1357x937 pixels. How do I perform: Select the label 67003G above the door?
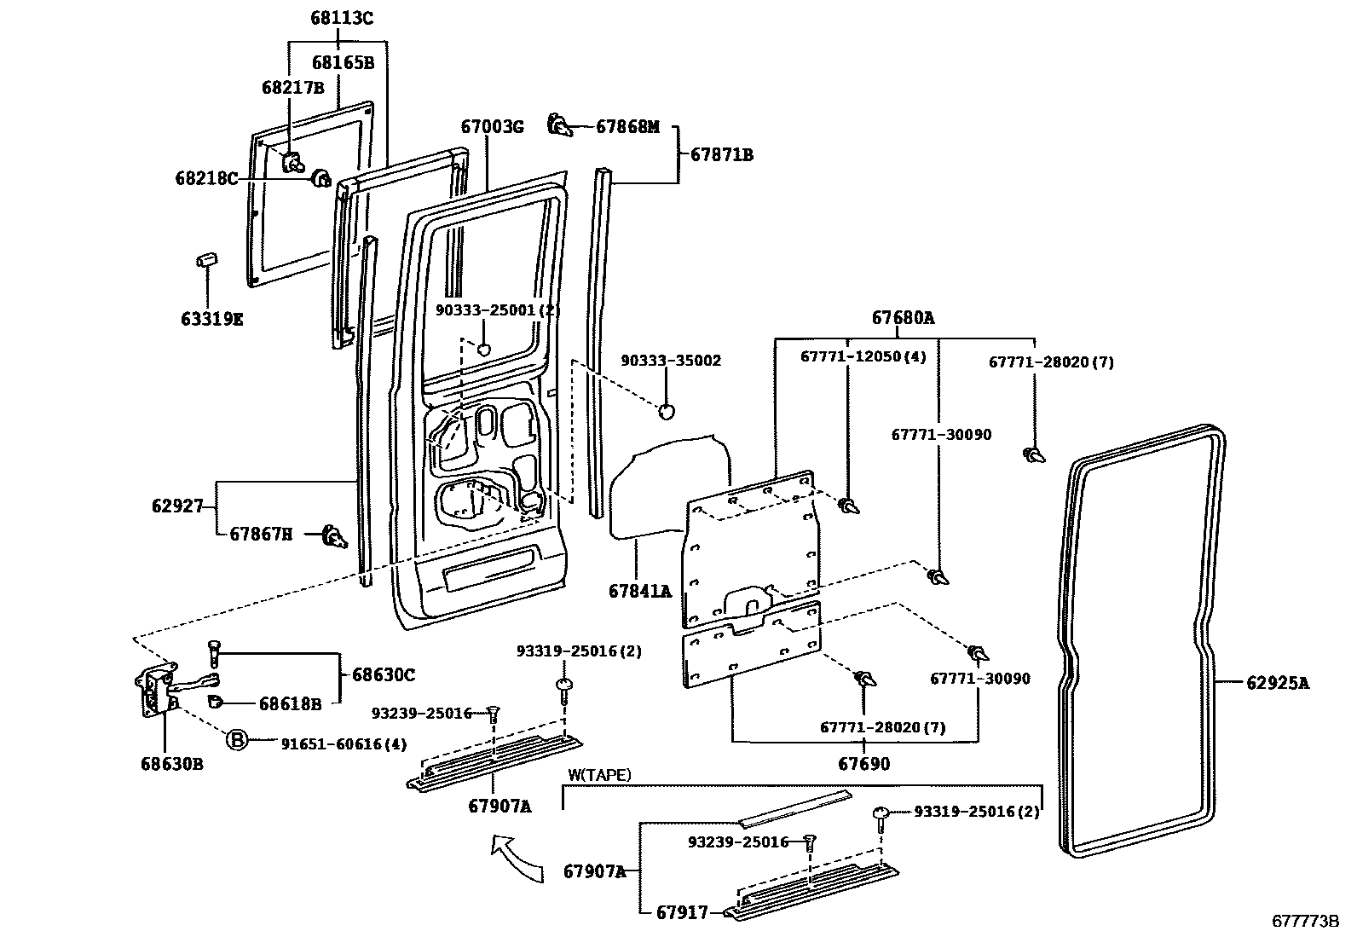[x=491, y=127]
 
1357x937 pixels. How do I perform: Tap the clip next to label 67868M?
[x=559, y=125]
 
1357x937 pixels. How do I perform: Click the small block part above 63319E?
[x=207, y=258]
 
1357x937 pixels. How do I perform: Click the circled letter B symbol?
[x=236, y=740]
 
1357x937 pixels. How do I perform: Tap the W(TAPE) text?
[x=600, y=775]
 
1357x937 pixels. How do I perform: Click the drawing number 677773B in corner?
[x=1305, y=922]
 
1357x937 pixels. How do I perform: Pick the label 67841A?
[x=639, y=591]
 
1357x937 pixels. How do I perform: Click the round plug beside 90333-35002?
[x=667, y=410]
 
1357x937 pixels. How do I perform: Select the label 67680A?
[x=902, y=318]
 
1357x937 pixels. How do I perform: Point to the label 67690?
[x=863, y=763]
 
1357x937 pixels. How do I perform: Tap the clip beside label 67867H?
[x=335, y=537]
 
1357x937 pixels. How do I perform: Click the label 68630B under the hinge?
[x=171, y=763]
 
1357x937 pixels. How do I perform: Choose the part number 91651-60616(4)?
[x=344, y=743]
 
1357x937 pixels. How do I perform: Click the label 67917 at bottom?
[x=682, y=912]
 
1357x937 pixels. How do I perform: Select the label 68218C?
[x=206, y=178]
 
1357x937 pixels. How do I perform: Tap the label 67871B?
[x=721, y=155]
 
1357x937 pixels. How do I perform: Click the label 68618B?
[x=290, y=703]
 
